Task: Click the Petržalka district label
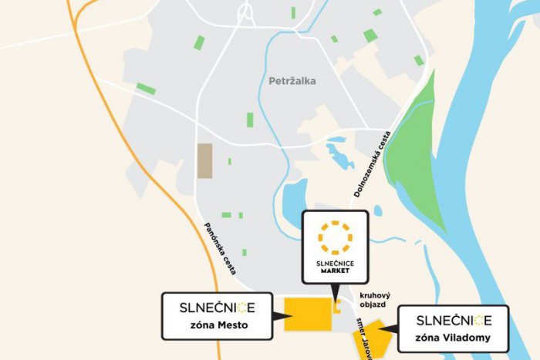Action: pos(292,81)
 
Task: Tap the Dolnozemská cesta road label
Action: pos(373,164)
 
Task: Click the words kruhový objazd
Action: pos(375,299)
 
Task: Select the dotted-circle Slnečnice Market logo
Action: pos(336,237)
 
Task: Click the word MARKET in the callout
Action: pos(336,271)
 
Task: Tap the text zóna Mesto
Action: pos(218,326)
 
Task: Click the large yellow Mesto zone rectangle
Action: pos(308,314)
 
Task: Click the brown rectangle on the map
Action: pos(204,160)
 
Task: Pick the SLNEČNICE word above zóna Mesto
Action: pos(217,308)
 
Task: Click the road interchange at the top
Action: pos(246,14)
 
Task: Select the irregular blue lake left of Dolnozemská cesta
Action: pos(339,153)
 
